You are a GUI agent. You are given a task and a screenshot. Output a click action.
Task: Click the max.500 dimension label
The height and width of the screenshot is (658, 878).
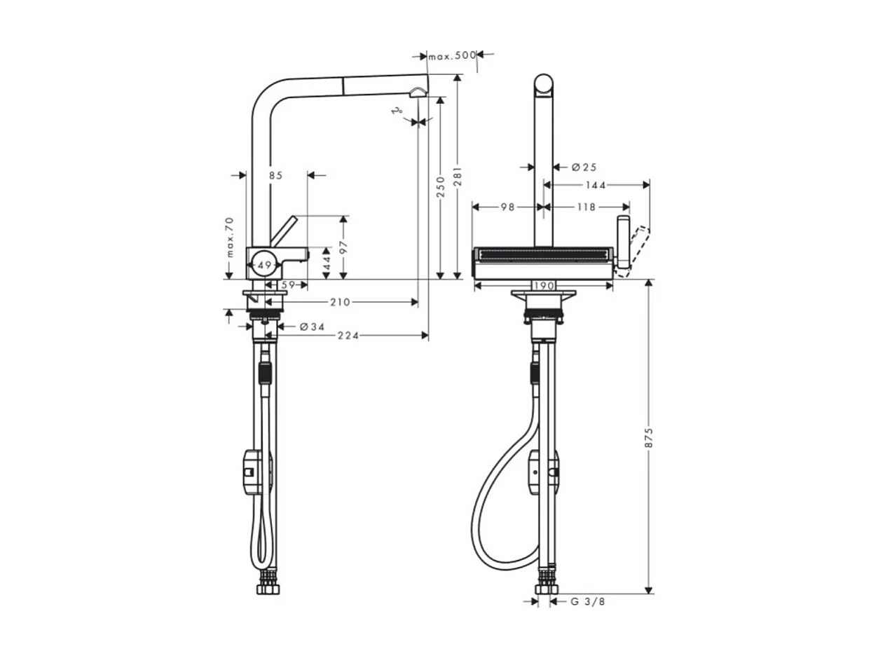pos(452,55)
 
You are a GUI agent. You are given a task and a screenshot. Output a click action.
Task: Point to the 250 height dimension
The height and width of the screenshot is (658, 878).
pos(440,186)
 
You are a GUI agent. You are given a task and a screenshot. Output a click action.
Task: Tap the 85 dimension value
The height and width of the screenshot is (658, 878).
pos(275,175)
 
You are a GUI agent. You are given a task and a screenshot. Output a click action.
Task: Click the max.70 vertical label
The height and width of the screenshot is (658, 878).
pos(229,237)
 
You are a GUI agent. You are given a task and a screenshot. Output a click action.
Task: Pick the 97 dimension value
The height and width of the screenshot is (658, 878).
pos(343,247)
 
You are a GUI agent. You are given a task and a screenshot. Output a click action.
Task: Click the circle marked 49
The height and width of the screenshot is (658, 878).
pos(263,266)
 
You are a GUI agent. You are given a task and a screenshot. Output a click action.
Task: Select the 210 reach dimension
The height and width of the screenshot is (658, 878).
pos(341,302)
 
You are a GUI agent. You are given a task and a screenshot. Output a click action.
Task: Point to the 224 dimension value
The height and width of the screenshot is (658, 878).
pos(348,336)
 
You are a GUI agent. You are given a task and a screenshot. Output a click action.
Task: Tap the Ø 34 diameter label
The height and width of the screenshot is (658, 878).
pos(311,327)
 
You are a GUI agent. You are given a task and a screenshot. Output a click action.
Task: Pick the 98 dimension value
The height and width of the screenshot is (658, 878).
pos(508,207)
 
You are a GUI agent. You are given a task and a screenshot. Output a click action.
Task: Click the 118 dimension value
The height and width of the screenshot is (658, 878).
pos(586,207)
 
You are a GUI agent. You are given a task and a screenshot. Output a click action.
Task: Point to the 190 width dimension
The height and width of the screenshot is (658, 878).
pos(544,285)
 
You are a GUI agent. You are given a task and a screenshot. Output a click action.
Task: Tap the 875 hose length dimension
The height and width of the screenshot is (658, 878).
pos(649,438)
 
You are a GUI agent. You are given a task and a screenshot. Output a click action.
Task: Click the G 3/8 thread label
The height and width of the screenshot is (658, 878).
pos(587,601)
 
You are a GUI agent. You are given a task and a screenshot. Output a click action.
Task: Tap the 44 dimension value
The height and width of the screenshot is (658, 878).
pos(327,263)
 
